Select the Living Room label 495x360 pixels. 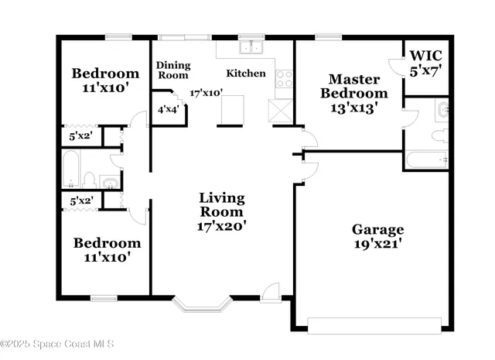tap(221, 211)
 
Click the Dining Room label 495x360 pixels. tap(173, 70)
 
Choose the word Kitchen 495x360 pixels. tap(245, 74)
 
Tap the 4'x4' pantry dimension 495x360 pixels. tap(167, 110)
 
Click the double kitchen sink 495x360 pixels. tap(251, 47)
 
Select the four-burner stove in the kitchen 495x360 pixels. tap(284, 77)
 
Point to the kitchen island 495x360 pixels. tap(233, 110)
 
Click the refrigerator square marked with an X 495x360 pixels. tap(280, 110)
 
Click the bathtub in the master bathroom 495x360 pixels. tap(425, 160)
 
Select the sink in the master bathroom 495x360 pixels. tap(442, 109)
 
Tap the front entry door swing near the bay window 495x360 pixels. tap(270, 293)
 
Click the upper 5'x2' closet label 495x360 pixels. tap(81, 137)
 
